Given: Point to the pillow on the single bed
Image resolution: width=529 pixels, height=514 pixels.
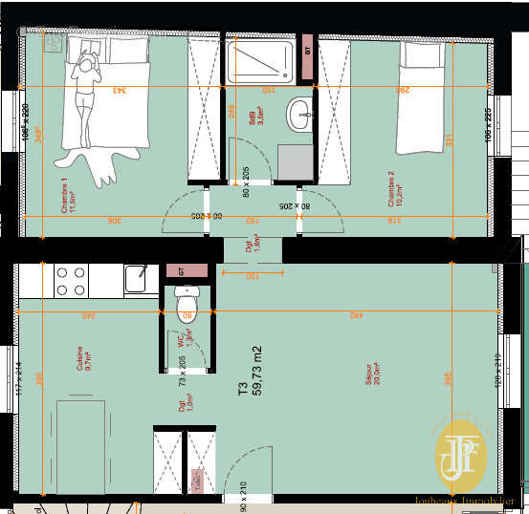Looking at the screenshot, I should [x=417, y=54].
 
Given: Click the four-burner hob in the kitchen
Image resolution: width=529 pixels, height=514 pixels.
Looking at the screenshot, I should [x=71, y=281].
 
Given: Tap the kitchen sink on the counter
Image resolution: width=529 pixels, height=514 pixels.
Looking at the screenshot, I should [x=136, y=279].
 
